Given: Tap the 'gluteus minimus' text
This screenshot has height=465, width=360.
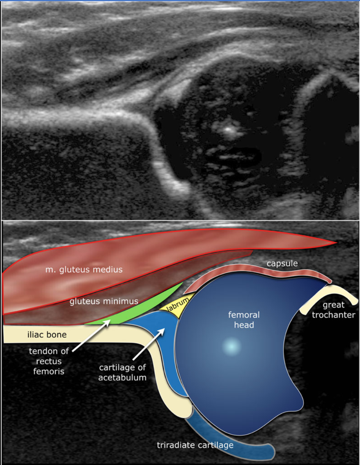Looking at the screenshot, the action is [x=103, y=302].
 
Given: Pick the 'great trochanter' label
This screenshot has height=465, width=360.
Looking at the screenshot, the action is [x=333, y=310].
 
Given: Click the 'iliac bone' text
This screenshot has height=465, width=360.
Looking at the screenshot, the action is [x=47, y=335].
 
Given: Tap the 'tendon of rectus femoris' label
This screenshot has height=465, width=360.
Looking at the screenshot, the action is [x=49, y=361].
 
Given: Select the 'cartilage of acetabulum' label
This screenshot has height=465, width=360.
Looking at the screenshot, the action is [x=122, y=372].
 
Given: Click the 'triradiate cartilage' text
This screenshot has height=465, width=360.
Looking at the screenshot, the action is [x=195, y=445].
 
